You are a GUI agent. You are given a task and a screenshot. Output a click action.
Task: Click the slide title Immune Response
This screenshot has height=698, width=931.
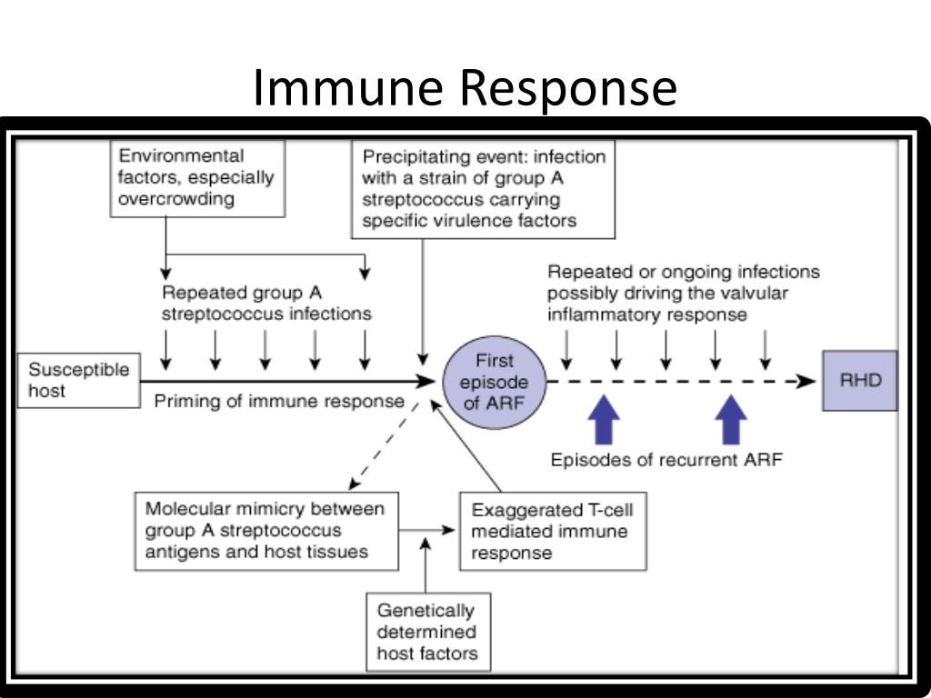tap(465, 89)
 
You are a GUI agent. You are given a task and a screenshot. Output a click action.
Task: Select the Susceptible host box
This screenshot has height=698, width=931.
tap(79, 381)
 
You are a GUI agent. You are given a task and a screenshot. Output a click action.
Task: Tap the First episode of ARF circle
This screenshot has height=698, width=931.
tap(495, 382)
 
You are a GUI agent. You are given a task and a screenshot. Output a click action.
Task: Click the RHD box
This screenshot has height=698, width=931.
tap(860, 381)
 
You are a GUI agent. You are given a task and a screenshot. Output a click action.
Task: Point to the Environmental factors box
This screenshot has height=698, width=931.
tap(197, 178)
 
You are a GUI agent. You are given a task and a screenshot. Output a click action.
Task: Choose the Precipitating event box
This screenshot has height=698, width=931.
tap(484, 189)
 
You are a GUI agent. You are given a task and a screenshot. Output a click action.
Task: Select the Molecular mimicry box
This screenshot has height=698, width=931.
tap(266, 531)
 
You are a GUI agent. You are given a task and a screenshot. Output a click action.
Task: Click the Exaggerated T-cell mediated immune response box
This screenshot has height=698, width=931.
tap(553, 531)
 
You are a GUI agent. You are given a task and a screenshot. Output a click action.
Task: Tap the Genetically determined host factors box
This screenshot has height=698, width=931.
tap(428, 633)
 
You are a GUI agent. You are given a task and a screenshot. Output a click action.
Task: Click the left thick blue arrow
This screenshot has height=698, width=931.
tap(604, 420)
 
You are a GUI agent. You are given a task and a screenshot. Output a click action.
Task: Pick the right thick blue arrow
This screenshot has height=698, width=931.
tap(731, 420)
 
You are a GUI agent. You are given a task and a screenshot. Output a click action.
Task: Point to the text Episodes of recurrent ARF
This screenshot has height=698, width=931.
tap(666, 460)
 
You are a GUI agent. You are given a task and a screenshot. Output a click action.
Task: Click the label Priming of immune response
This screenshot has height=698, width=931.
tap(279, 401)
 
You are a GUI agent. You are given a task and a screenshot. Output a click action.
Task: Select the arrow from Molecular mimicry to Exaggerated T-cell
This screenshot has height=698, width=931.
tap(427, 531)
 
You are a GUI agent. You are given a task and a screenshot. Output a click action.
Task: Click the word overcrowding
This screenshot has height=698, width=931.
tap(176, 198)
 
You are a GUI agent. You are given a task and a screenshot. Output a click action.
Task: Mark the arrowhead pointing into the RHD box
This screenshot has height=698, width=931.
tap(806, 381)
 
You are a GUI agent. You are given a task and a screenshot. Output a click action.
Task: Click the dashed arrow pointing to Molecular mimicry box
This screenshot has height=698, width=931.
tap(385, 446)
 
